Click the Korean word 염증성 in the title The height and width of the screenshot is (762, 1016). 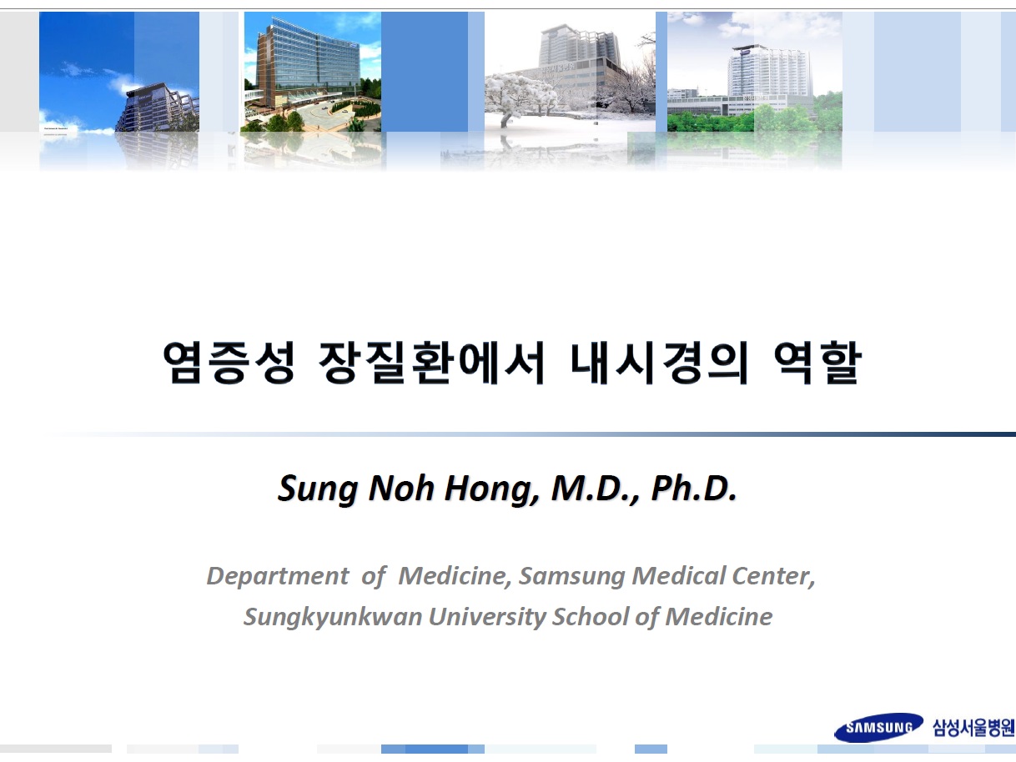coord(229,363)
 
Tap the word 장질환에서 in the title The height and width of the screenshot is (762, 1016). coord(431,363)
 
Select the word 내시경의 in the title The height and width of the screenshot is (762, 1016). coord(659,363)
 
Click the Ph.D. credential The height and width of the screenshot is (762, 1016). coord(693,489)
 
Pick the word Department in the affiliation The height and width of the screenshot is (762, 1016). coord(278,576)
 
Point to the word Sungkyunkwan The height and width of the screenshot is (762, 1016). coord(333,617)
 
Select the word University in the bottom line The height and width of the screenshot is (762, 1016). coord(487,617)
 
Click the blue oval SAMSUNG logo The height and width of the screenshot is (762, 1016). coord(878,728)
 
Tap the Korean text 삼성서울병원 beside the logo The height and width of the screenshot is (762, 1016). coord(973,728)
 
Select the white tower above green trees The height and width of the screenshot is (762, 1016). coord(769,72)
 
